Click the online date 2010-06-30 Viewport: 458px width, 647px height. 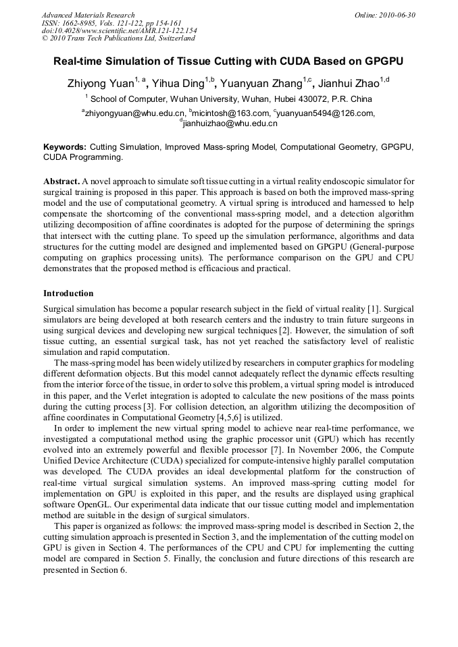pos(395,15)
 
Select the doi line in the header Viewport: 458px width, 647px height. pos(119,30)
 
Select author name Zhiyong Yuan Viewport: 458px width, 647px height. pos(99,84)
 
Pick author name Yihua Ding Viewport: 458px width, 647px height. pos(179,84)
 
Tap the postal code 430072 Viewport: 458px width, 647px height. pos(304,99)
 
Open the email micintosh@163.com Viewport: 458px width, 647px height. pos(230,113)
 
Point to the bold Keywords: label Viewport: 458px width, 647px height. pos(65,146)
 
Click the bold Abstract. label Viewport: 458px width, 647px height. pos(61,182)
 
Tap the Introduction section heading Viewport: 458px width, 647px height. pos(68,293)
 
